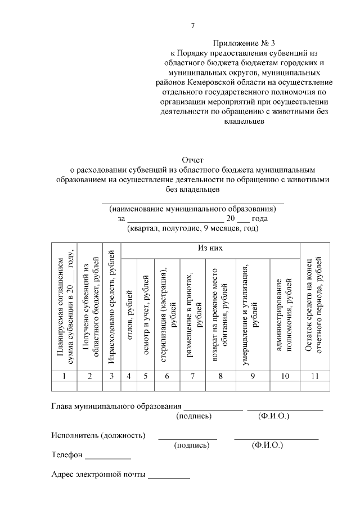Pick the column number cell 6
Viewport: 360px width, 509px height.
click(166, 376)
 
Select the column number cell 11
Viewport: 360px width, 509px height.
click(316, 376)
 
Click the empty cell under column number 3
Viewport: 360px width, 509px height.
click(112, 386)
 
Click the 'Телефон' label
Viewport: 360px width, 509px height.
click(67, 454)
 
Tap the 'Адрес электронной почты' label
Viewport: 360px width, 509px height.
click(98, 474)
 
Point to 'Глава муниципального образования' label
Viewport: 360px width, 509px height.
click(116, 406)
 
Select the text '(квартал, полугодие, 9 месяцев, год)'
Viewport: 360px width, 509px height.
click(192, 228)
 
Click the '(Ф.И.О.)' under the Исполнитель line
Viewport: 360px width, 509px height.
click(268, 445)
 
